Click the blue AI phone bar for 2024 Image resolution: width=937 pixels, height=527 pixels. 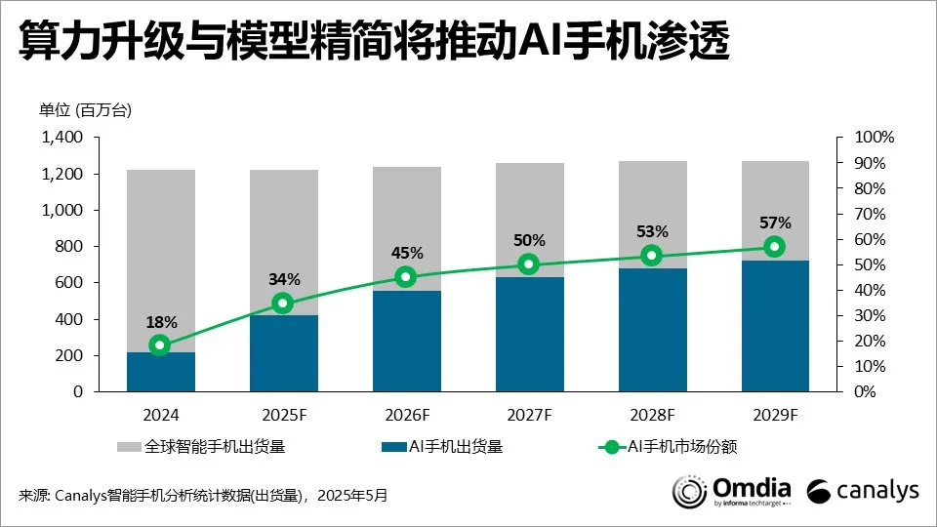161,372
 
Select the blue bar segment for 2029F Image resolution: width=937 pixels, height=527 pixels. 775,326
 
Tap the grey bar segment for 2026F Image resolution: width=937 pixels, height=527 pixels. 406,228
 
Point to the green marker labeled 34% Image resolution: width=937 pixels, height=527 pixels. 283,304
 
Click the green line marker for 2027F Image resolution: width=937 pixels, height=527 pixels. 529,263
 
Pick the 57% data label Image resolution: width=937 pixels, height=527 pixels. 775,223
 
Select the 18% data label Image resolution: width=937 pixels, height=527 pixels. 160,321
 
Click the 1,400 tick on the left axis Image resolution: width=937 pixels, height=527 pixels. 63,138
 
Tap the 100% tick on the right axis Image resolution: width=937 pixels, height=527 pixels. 875,138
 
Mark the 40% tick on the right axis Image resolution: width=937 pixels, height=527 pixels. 871,290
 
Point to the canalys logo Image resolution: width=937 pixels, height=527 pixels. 863,491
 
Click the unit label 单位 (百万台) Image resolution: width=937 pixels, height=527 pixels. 85,109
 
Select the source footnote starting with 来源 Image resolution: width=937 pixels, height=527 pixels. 203,496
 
